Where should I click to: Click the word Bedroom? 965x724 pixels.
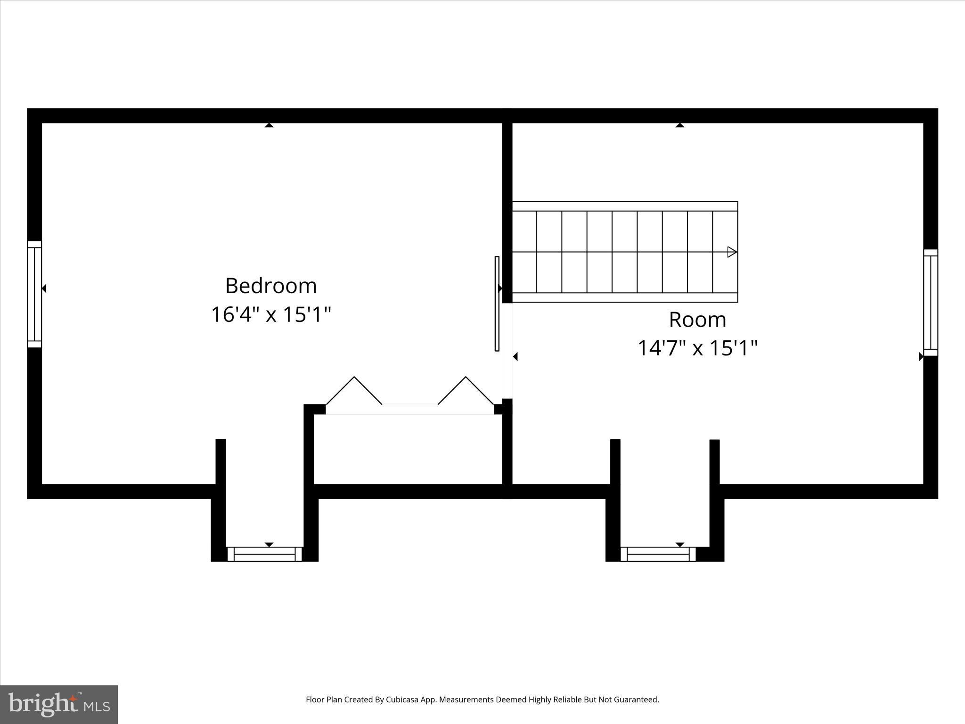pyautogui.click(x=271, y=286)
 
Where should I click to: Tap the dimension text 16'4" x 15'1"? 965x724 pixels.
pyautogui.click(x=271, y=315)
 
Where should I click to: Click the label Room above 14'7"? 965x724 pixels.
pyautogui.click(x=697, y=320)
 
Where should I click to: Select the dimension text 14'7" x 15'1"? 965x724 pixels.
pyautogui.click(x=697, y=349)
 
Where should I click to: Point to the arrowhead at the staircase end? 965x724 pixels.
pyautogui.click(x=732, y=252)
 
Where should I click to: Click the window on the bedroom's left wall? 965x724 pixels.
pyautogui.click(x=34, y=294)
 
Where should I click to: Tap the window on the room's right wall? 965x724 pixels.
pyautogui.click(x=930, y=303)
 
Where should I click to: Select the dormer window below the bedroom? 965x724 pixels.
pyautogui.click(x=264, y=554)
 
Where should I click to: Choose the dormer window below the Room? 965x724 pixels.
pyautogui.click(x=658, y=554)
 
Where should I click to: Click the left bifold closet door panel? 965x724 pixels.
pyautogui.click(x=354, y=391)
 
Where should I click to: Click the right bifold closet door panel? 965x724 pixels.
pyautogui.click(x=466, y=391)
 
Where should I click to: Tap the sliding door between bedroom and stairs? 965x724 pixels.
pyautogui.click(x=497, y=304)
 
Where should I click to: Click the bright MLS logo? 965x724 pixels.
pyautogui.click(x=59, y=704)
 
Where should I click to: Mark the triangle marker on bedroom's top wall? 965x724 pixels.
pyautogui.click(x=269, y=125)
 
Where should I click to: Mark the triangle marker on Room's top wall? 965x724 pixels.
pyautogui.click(x=679, y=125)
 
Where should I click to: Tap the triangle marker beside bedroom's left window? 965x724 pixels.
pyautogui.click(x=44, y=288)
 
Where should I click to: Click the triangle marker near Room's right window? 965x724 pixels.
pyautogui.click(x=921, y=357)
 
